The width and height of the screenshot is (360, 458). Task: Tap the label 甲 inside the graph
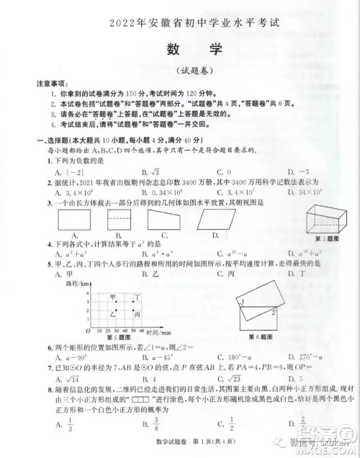[113, 296]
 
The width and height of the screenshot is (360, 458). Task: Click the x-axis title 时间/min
[158, 332]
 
